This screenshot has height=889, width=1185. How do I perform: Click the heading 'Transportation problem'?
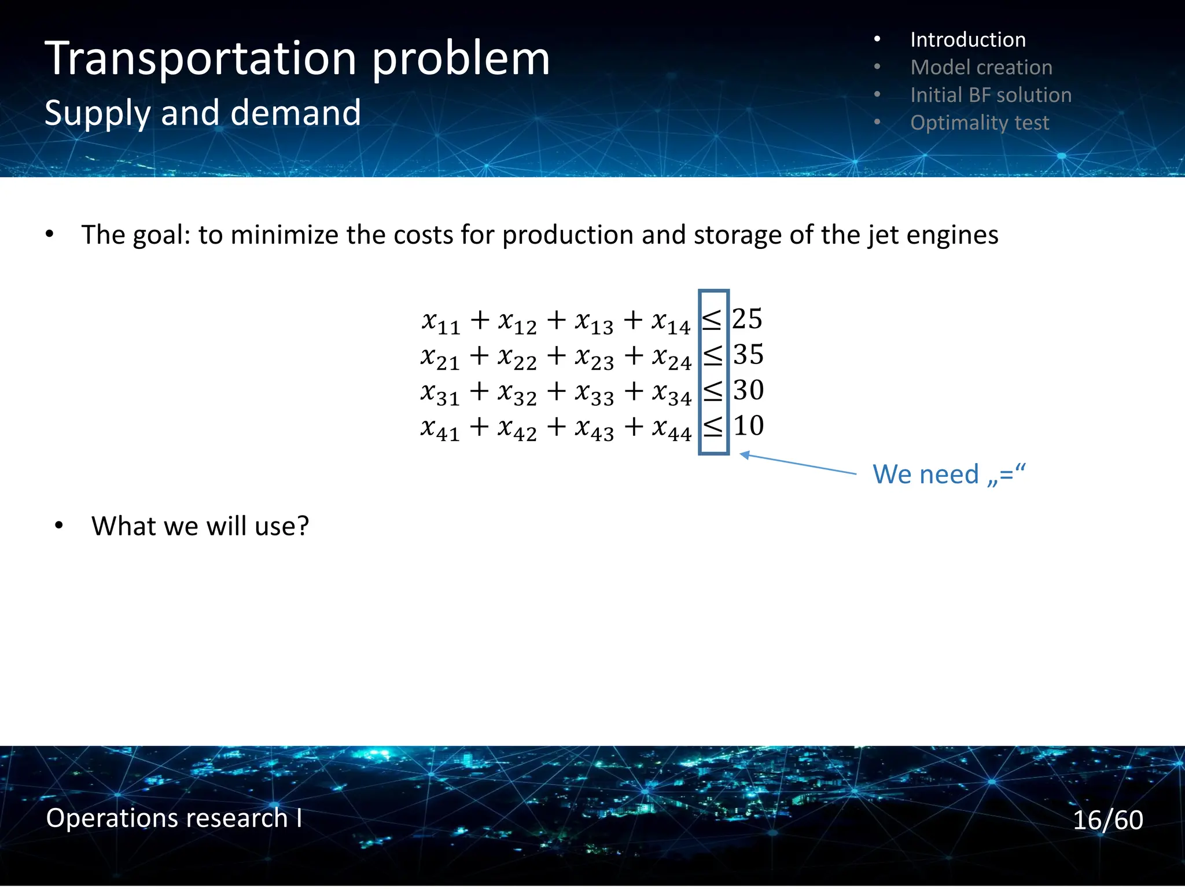coord(297,59)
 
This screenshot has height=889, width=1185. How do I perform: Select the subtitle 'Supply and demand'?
coord(203,112)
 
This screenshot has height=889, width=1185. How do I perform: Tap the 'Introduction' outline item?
coord(967,40)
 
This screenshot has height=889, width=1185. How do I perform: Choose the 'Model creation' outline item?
coord(981,68)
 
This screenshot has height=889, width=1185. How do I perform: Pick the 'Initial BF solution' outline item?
coord(991,95)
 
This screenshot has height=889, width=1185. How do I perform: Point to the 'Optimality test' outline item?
coord(979,123)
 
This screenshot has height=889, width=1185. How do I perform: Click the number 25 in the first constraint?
coord(747,319)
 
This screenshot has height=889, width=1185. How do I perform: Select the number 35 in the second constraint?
coord(748,354)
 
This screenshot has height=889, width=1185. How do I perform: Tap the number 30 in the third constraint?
coord(748,390)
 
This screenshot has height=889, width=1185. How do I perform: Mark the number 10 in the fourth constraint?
coord(748,426)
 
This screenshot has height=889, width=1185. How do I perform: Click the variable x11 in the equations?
coord(441,322)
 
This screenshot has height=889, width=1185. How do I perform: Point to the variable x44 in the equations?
coord(672,429)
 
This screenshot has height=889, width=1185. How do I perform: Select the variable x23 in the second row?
coord(594,358)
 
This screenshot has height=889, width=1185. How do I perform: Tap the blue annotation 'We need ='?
coord(949,475)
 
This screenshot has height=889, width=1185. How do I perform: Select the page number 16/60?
coord(1107,820)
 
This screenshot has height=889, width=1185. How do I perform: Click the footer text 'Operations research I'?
coord(174,818)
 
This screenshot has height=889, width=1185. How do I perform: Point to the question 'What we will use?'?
coord(200,526)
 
